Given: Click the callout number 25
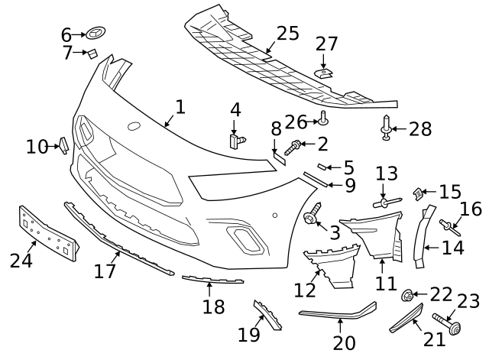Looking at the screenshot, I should (x=287, y=34).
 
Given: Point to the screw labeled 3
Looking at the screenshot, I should (x=312, y=217).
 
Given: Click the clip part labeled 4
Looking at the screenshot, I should (x=238, y=140).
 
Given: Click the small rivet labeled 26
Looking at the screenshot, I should (x=323, y=118).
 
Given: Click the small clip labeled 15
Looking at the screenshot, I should (x=418, y=194).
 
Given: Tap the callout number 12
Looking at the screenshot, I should (x=305, y=290).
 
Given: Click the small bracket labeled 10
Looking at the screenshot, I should (x=64, y=145).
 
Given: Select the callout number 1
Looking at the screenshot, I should (x=180, y=106).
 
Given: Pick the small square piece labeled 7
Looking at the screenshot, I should (x=91, y=53).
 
